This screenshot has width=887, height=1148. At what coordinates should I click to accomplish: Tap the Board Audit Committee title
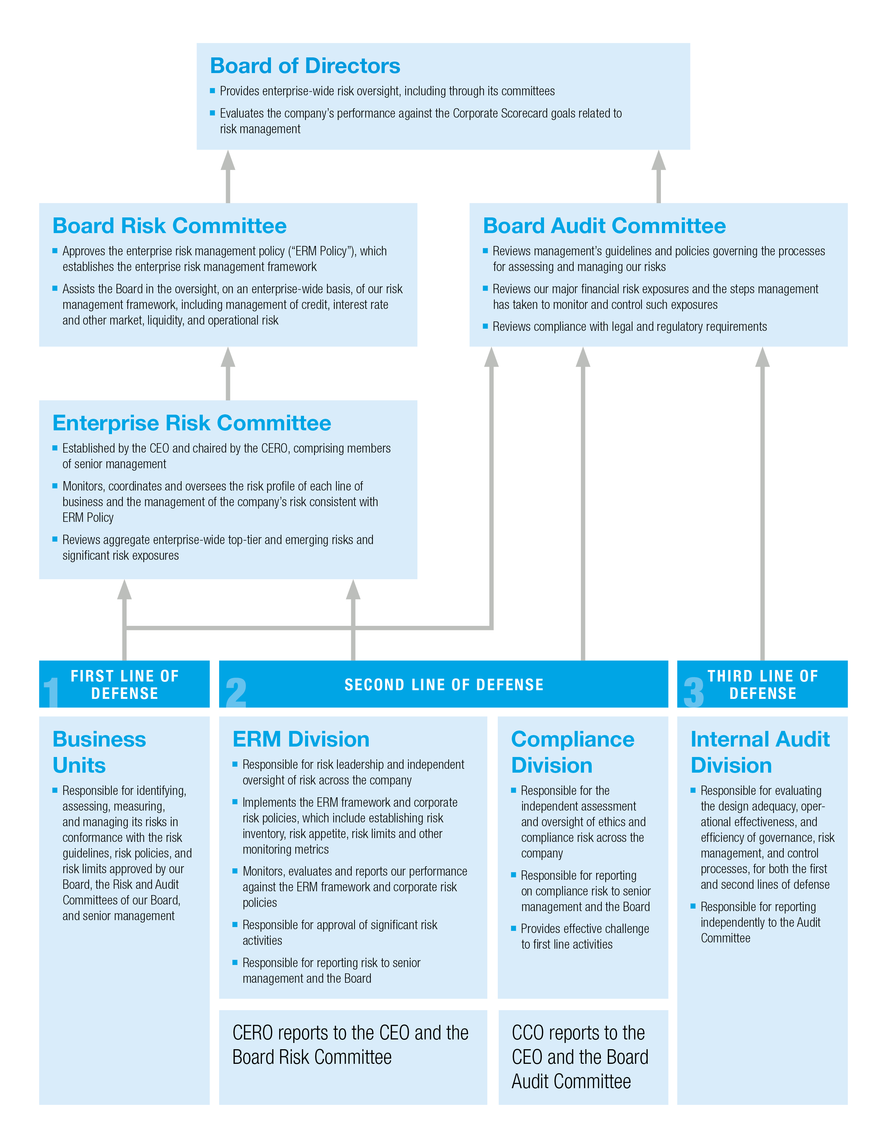(604, 226)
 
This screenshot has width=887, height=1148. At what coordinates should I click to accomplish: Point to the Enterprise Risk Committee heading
(192, 423)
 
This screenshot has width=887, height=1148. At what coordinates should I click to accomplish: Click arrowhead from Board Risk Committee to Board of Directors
(227, 160)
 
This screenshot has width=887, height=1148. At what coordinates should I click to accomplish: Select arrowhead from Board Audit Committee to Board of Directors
(658, 160)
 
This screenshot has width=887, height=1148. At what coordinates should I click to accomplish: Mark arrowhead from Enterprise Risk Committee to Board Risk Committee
(227, 357)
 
